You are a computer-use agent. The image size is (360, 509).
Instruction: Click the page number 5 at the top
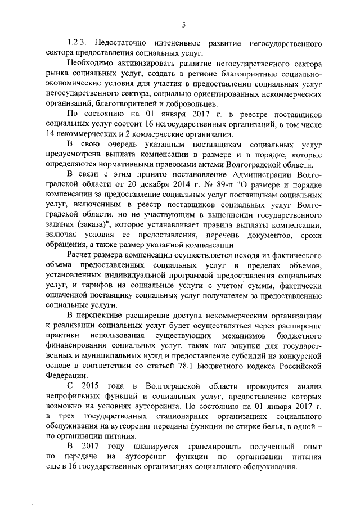tap(183, 24)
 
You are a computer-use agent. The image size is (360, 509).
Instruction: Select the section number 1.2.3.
tap(76, 43)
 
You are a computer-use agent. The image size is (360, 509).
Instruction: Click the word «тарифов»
tap(87, 286)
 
